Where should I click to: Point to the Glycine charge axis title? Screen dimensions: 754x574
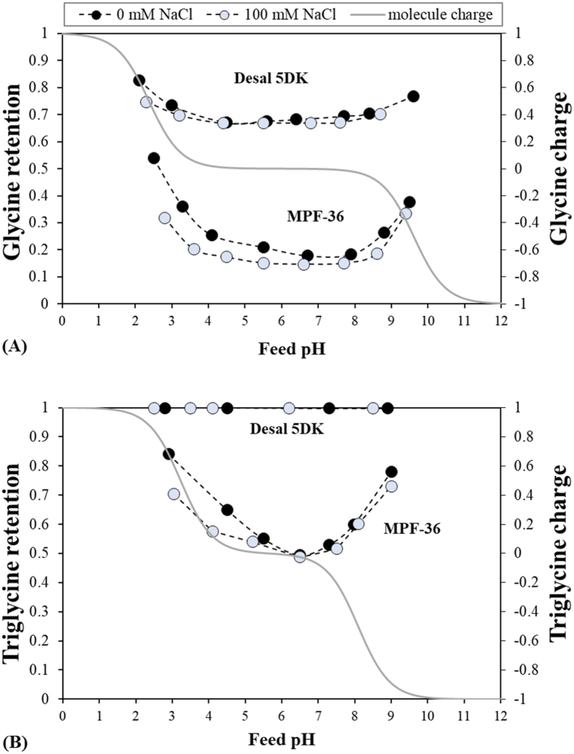point(558,168)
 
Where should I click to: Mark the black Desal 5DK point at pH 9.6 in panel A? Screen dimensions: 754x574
point(413,97)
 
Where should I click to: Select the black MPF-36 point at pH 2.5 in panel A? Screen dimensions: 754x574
point(153,158)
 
